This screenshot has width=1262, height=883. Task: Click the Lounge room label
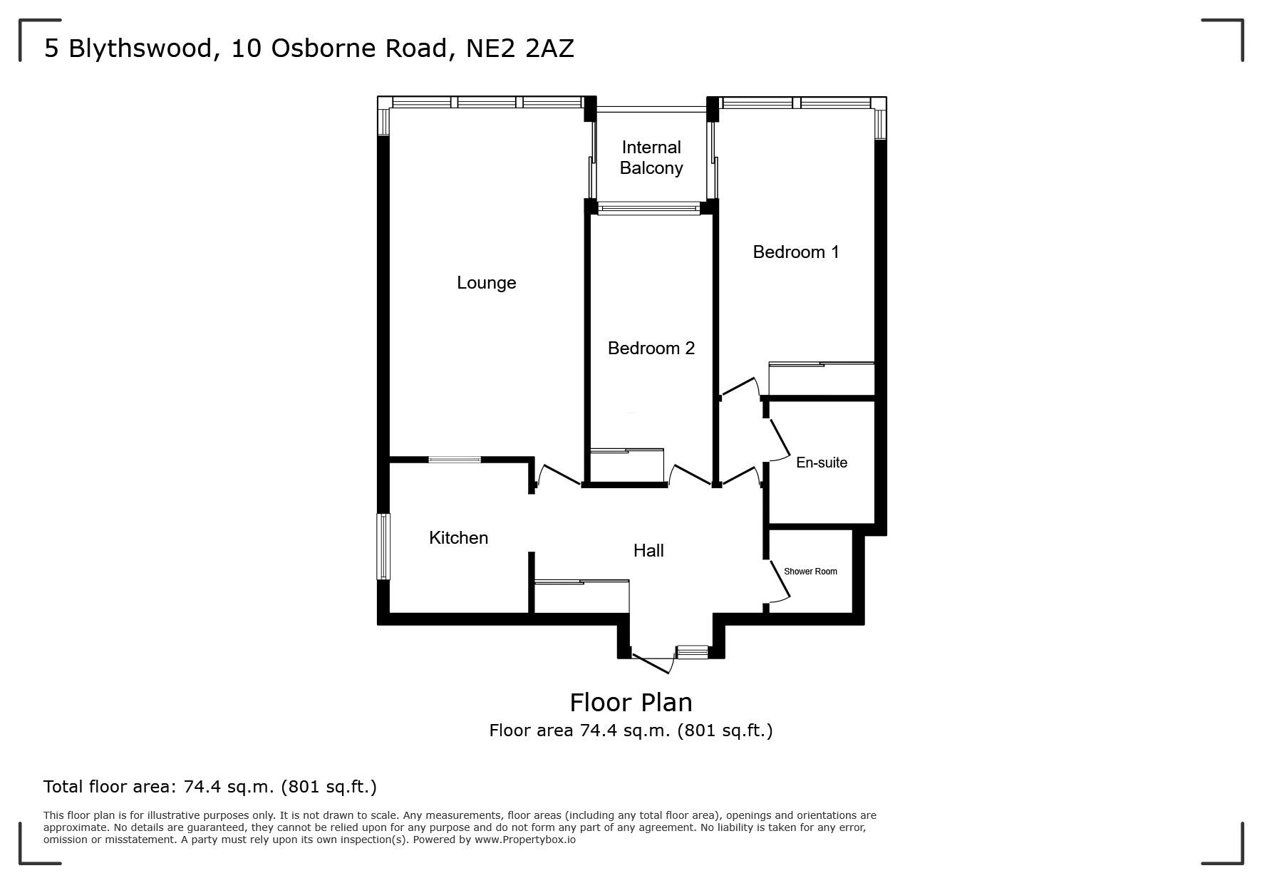click(x=486, y=283)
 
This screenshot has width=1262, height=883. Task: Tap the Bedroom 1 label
click(x=796, y=252)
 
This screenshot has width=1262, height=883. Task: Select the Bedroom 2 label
click(x=651, y=348)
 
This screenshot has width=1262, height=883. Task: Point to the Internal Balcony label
click(x=651, y=158)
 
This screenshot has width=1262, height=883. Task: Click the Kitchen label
click(x=458, y=537)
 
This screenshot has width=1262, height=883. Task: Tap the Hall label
click(x=648, y=550)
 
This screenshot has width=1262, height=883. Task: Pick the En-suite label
click(x=822, y=463)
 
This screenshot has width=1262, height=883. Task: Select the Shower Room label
click(x=810, y=572)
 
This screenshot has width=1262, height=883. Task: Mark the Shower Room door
click(x=780, y=580)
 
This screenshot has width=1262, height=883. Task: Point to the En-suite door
click(x=779, y=438)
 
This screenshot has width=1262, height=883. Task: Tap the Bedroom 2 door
click(x=690, y=475)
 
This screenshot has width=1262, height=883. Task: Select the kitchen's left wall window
click(x=383, y=547)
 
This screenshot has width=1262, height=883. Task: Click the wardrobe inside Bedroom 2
click(x=627, y=465)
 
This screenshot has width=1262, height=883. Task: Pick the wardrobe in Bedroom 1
click(x=822, y=379)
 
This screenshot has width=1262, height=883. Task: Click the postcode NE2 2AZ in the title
click(x=519, y=48)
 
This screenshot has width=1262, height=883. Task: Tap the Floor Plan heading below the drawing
click(x=631, y=703)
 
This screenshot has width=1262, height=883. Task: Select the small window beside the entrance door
click(x=693, y=651)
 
